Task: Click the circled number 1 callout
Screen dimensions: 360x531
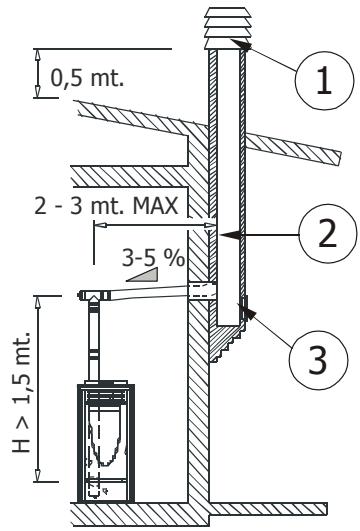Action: (x=324, y=80)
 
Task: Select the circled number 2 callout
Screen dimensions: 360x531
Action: (x=328, y=233)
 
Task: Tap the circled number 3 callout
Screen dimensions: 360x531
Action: (x=318, y=358)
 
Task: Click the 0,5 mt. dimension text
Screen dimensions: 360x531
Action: (x=87, y=78)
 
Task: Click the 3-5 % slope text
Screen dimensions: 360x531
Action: (x=153, y=258)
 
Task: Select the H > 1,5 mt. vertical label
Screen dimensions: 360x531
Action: (x=22, y=392)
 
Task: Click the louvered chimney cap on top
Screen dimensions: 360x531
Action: (x=228, y=28)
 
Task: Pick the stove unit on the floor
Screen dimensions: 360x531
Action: (x=106, y=443)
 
